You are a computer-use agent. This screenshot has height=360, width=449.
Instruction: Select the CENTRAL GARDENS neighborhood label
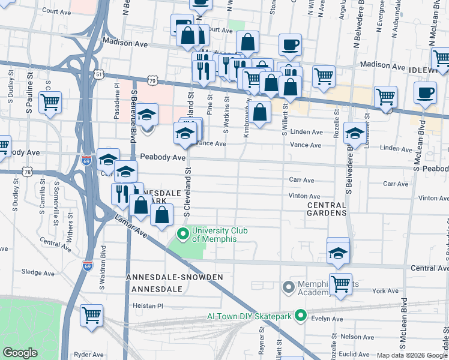click(327, 209)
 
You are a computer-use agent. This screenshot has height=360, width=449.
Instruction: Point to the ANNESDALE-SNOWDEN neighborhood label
click(175, 277)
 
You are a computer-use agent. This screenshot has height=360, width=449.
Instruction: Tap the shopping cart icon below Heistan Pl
click(91, 314)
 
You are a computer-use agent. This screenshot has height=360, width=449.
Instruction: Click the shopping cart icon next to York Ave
click(340, 283)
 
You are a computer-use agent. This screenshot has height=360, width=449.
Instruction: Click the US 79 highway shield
click(154, 80)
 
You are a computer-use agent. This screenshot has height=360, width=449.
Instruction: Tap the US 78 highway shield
click(28, 173)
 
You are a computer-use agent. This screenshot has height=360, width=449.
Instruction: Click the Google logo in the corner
click(20, 353)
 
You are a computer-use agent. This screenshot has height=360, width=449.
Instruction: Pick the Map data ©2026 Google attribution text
click(412, 355)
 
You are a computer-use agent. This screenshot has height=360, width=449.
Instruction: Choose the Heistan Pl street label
click(148, 305)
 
